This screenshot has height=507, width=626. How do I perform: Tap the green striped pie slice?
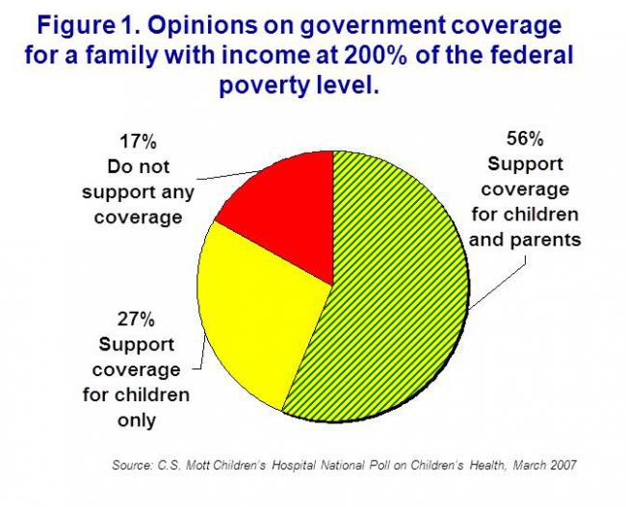pos(395,289)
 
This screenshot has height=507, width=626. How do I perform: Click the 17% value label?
pos(138,142)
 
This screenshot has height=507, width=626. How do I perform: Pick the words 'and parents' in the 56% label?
pos(525,239)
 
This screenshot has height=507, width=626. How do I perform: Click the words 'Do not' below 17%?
pos(138,166)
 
